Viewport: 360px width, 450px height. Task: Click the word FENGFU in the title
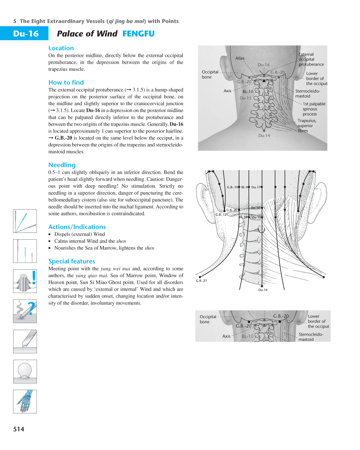138,34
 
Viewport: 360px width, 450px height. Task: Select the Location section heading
61,48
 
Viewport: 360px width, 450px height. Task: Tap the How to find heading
66,82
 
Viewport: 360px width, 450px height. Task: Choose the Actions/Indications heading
77,227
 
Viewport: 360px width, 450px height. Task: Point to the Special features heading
72,261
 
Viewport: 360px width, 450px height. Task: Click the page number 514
19,429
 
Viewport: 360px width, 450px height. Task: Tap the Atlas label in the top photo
240,58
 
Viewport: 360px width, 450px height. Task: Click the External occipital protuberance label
311,59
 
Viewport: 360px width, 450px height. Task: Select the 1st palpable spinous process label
314,109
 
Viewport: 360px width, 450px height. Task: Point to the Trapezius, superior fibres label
307,126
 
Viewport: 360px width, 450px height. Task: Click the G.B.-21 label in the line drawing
201,281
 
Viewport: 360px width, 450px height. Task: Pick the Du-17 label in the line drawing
256,187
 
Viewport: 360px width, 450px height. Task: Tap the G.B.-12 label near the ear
221,215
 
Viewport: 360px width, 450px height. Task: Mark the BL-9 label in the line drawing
245,187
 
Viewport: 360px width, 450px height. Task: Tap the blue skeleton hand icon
25,401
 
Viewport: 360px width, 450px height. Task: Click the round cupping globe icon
25,371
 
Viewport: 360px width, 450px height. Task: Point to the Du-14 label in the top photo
264,136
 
